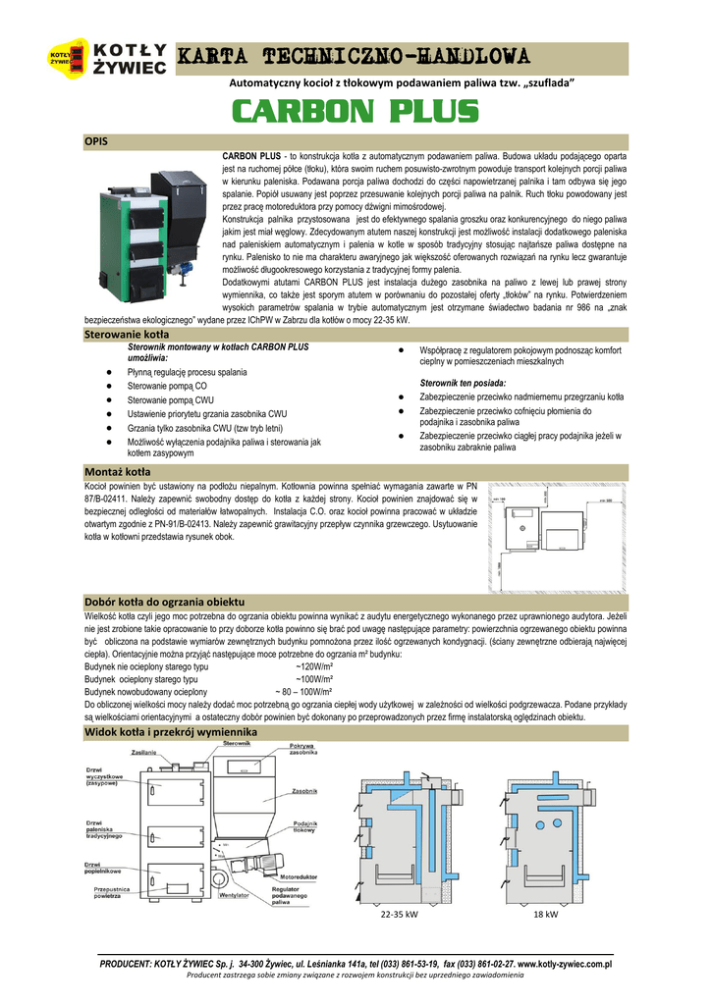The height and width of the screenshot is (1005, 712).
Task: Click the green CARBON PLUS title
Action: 356,112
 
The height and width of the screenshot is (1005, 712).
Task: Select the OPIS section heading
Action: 96,141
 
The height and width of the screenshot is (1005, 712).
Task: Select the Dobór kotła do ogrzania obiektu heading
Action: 165,601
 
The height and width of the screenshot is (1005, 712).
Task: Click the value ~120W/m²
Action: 314,665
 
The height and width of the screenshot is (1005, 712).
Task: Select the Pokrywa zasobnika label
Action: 301,752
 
